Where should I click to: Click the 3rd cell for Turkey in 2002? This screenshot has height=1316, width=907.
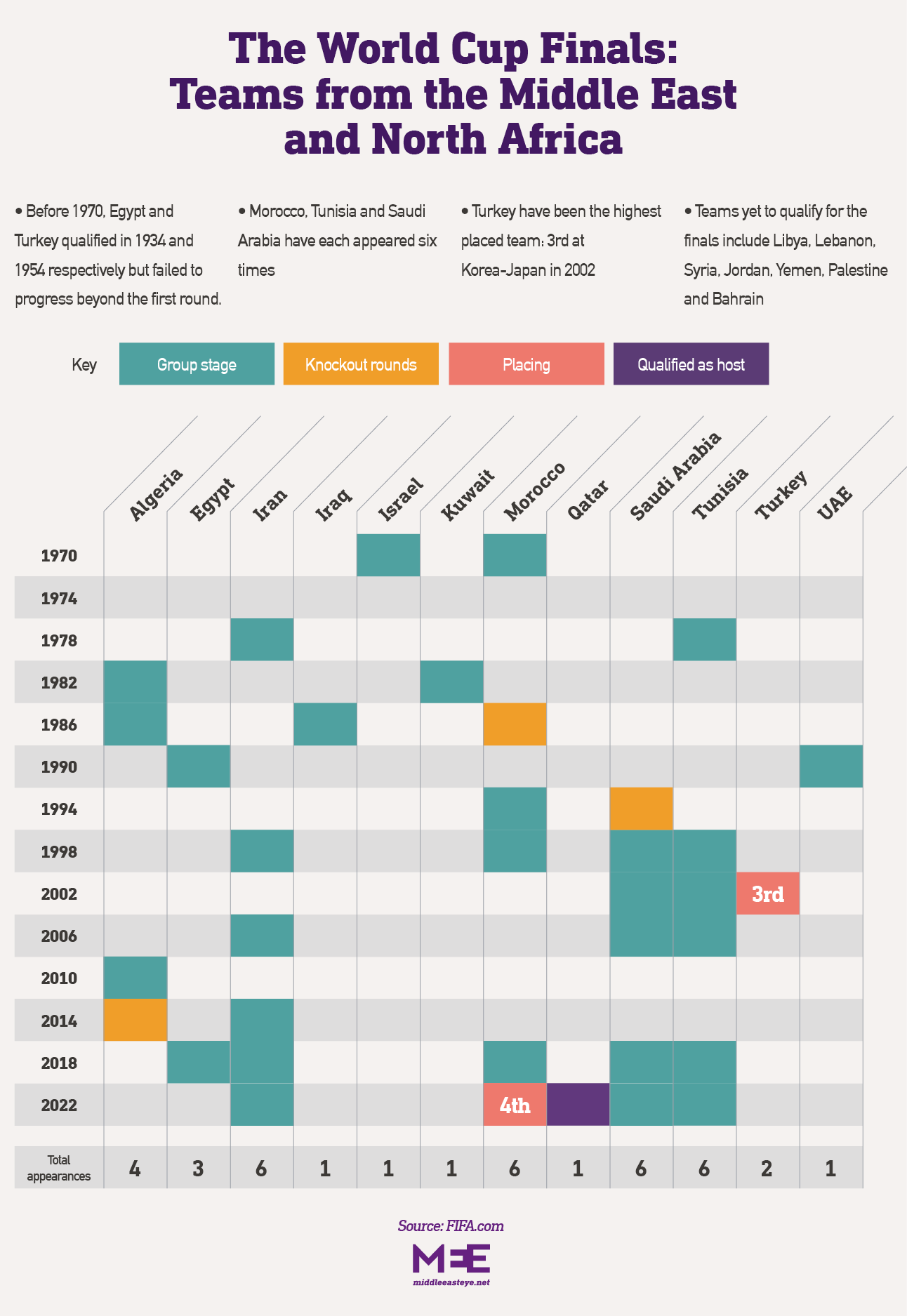tap(767, 893)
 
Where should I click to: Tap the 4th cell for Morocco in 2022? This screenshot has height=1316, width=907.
tap(515, 1105)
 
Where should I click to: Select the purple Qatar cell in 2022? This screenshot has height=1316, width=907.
tap(578, 1105)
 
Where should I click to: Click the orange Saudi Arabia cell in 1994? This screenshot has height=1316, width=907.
tap(641, 809)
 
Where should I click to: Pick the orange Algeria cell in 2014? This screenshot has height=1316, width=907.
tap(135, 1020)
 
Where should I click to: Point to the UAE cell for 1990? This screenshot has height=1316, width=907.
tap(830, 766)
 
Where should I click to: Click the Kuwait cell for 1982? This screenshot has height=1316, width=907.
tap(451, 682)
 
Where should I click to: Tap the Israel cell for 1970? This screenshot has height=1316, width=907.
tap(388, 555)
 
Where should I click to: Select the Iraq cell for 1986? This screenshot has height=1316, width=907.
tap(325, 724)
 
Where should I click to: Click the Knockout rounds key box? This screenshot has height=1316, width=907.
tap(361, 364)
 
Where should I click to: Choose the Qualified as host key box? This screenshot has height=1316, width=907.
tap(691, 364)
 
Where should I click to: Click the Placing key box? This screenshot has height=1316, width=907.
tap(526, 364)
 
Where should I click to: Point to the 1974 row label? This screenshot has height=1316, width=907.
tap(59, 599)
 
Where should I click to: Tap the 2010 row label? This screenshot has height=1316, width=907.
tap(59, 978)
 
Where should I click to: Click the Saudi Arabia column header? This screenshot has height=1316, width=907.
tap(675, 477)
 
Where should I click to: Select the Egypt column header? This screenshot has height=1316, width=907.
tap(211, 499)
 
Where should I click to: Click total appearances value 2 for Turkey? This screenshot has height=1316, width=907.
tap(767, 1169)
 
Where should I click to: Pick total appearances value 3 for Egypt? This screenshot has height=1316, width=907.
tap(198, 1169)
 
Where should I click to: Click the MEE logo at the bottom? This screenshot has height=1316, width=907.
tap(451, 1259)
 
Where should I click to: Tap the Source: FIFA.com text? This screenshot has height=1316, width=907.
tap(451, 1226)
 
